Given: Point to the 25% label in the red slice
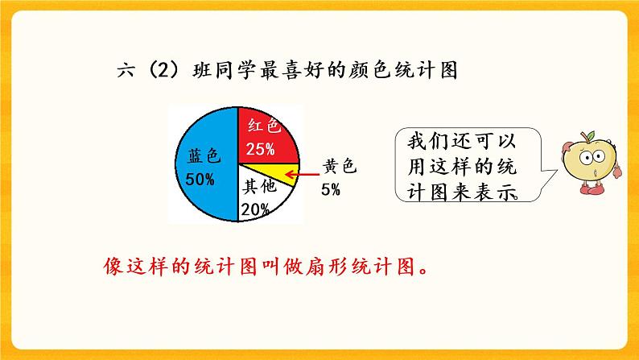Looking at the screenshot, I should click(x=261, y=149).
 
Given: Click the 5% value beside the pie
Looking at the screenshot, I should click(x=330, y=190).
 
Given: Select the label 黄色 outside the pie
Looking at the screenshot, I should click(x=338, y=168).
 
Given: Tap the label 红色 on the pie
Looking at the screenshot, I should click(x=263, y=126).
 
